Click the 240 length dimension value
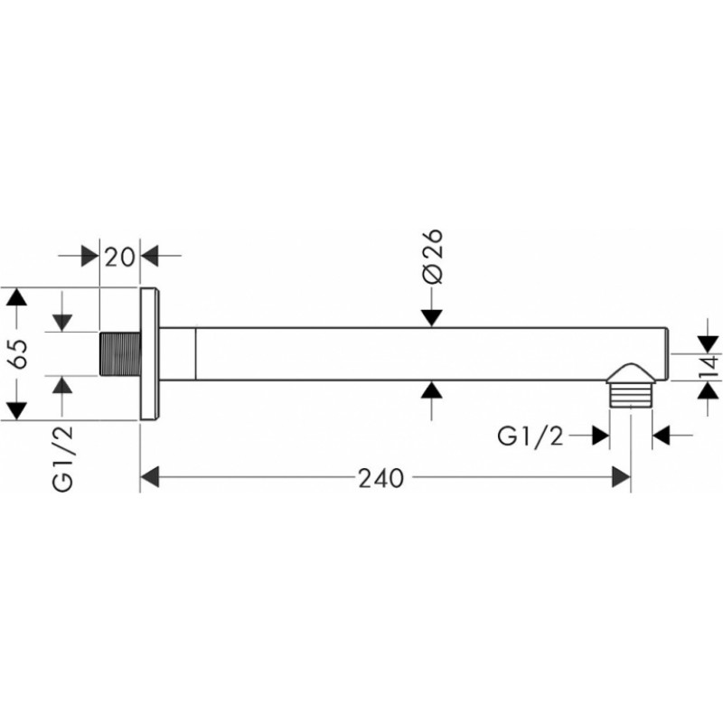380,478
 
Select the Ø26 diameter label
432,257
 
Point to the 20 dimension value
119,257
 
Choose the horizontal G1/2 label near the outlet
531,436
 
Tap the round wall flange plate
149,354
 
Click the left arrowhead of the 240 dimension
149,477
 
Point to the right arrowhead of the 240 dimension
621,477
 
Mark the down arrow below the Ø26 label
432,318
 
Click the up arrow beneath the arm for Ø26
432,390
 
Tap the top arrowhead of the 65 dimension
16,296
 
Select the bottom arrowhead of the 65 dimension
16,411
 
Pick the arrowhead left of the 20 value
89,256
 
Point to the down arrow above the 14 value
709,344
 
